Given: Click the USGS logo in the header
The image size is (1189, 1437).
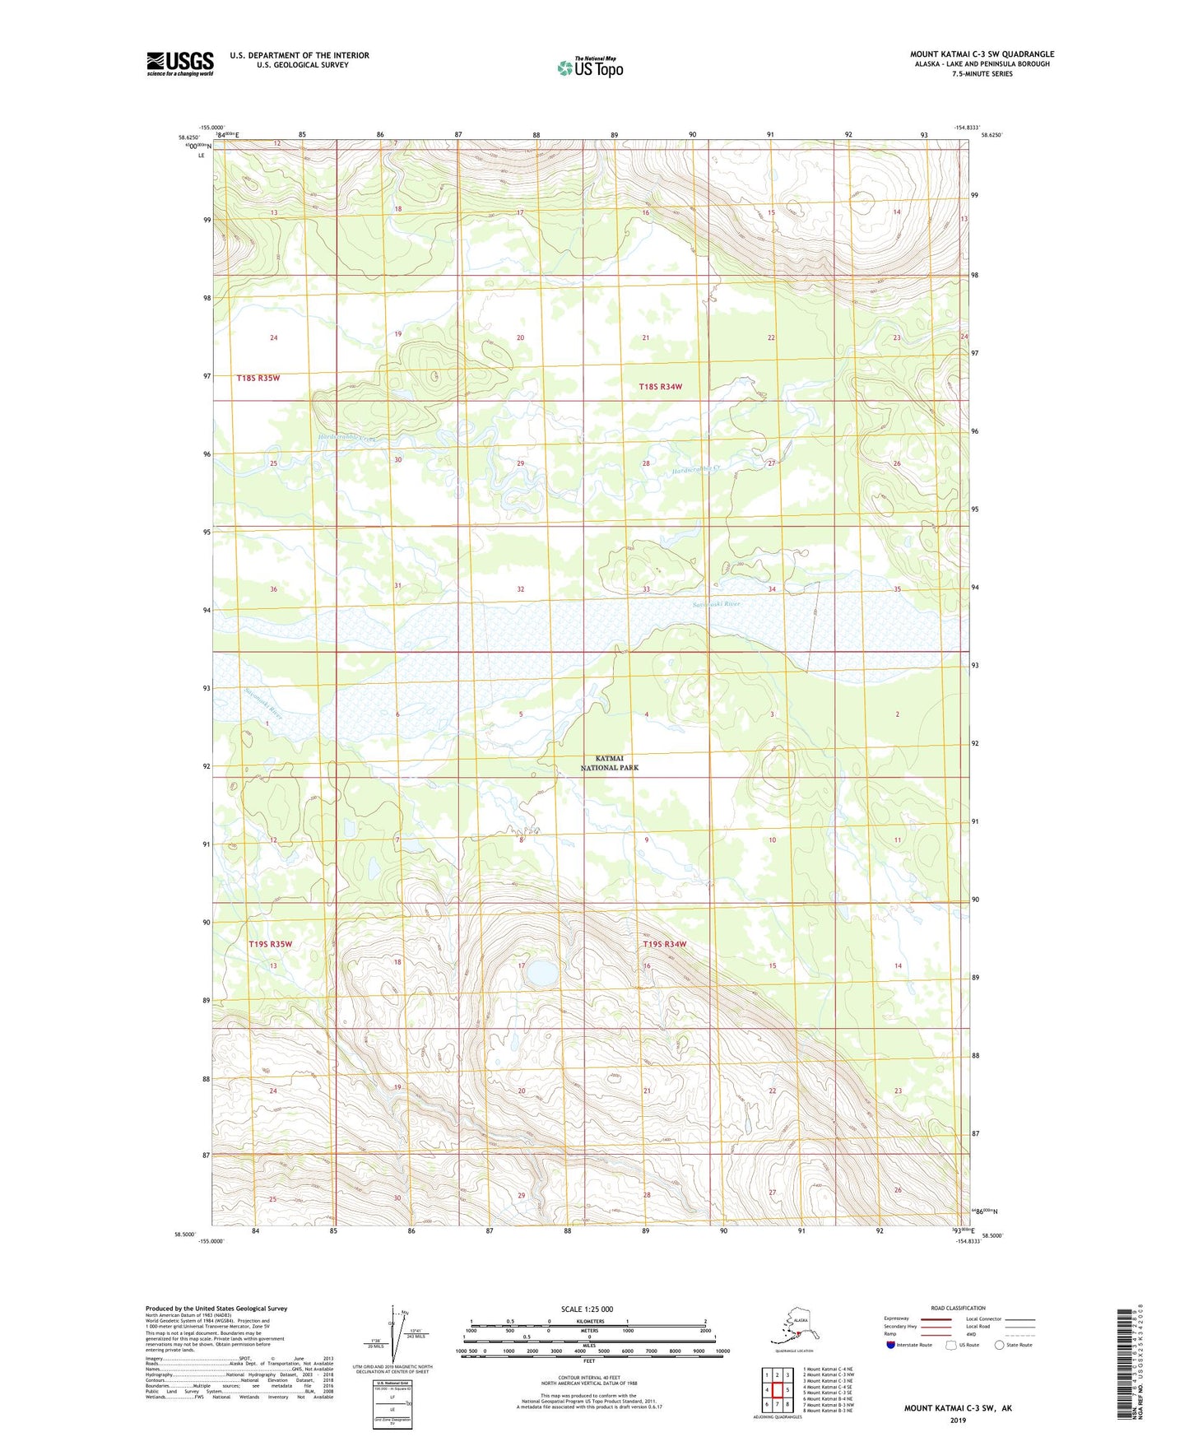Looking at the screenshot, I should (x=179, y=63).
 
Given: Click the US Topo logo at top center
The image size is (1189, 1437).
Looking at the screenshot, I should (x=589, y=67).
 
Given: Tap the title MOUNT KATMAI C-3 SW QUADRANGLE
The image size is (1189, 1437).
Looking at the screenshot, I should (x=982, y=54).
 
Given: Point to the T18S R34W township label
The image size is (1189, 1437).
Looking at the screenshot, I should (x=661, y=387).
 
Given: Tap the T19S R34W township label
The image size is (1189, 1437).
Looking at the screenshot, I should (x=664, y=944).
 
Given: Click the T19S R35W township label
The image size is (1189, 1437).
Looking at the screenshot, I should (x=270, y=944).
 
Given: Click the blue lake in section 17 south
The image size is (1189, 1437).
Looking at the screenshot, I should (x=541, y=974).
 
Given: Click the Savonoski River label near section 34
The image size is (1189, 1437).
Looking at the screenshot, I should (x=716, y=604).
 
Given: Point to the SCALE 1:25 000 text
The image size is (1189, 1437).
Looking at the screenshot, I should (x=587, y=1309).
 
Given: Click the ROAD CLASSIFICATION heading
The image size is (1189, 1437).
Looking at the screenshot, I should (x=958, y=1308).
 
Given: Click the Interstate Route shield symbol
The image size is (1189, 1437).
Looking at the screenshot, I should (x=890, y=1345).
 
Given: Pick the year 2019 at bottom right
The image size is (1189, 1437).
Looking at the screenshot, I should (x=958, y=1420).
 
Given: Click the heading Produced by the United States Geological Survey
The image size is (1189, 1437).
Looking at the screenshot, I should (x=216, y=1308).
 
